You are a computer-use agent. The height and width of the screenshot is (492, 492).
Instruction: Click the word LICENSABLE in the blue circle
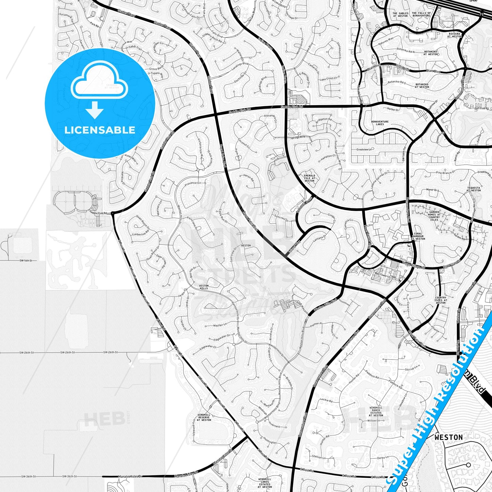point(100,130)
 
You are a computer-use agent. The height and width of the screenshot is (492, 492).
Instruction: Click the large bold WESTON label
point(448,437)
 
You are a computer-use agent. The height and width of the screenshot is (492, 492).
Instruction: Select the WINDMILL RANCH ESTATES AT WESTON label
point(376,411)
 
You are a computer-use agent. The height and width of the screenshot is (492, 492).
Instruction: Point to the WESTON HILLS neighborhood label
point(204,287)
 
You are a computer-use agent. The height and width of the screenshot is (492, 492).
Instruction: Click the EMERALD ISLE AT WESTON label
point(309,178)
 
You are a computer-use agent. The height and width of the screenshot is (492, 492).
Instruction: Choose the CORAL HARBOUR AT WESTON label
point(418,236)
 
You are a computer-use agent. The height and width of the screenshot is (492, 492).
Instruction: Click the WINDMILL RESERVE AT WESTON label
point(204,417)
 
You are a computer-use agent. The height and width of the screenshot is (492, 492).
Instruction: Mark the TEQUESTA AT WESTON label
point(474,189)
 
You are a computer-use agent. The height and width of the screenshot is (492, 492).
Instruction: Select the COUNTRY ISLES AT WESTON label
point(441,300)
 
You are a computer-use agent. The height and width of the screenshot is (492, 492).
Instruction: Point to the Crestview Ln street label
point(364,149)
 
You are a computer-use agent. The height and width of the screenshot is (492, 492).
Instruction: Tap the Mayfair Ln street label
point(220,325)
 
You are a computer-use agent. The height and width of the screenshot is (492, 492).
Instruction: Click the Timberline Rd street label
point(141,234)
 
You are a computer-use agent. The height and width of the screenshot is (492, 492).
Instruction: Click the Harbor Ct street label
point(393,109)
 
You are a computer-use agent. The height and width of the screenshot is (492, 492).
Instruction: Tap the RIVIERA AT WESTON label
point(454,35)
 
